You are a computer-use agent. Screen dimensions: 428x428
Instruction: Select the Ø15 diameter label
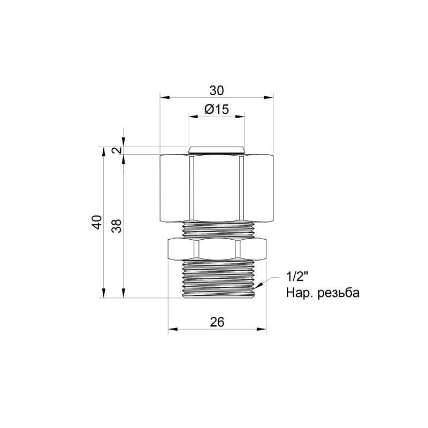[217, 110]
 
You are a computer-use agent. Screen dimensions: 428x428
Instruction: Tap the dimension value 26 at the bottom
[217, 321]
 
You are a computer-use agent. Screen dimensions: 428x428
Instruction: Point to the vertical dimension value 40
[96, 222]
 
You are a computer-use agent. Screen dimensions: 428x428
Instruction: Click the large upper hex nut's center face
[216, 188]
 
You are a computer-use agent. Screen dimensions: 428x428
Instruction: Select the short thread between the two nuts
[217, 228]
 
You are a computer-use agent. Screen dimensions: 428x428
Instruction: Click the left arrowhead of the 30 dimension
[164, 97]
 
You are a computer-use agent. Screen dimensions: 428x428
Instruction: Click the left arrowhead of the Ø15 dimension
[191, 116]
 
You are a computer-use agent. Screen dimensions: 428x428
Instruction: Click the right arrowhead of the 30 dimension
[269, 97]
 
